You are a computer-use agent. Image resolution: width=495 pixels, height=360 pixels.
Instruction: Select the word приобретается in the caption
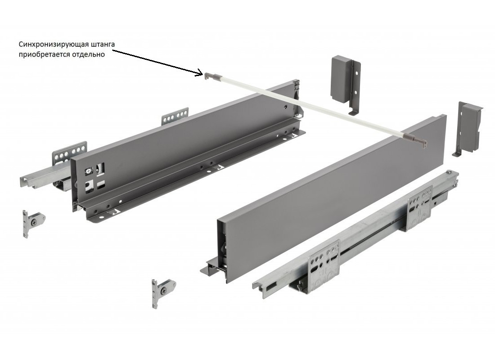40,54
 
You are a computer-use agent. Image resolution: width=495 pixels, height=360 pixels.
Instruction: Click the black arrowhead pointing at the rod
200,73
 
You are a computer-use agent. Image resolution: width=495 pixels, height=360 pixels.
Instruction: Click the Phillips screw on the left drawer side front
88,172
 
